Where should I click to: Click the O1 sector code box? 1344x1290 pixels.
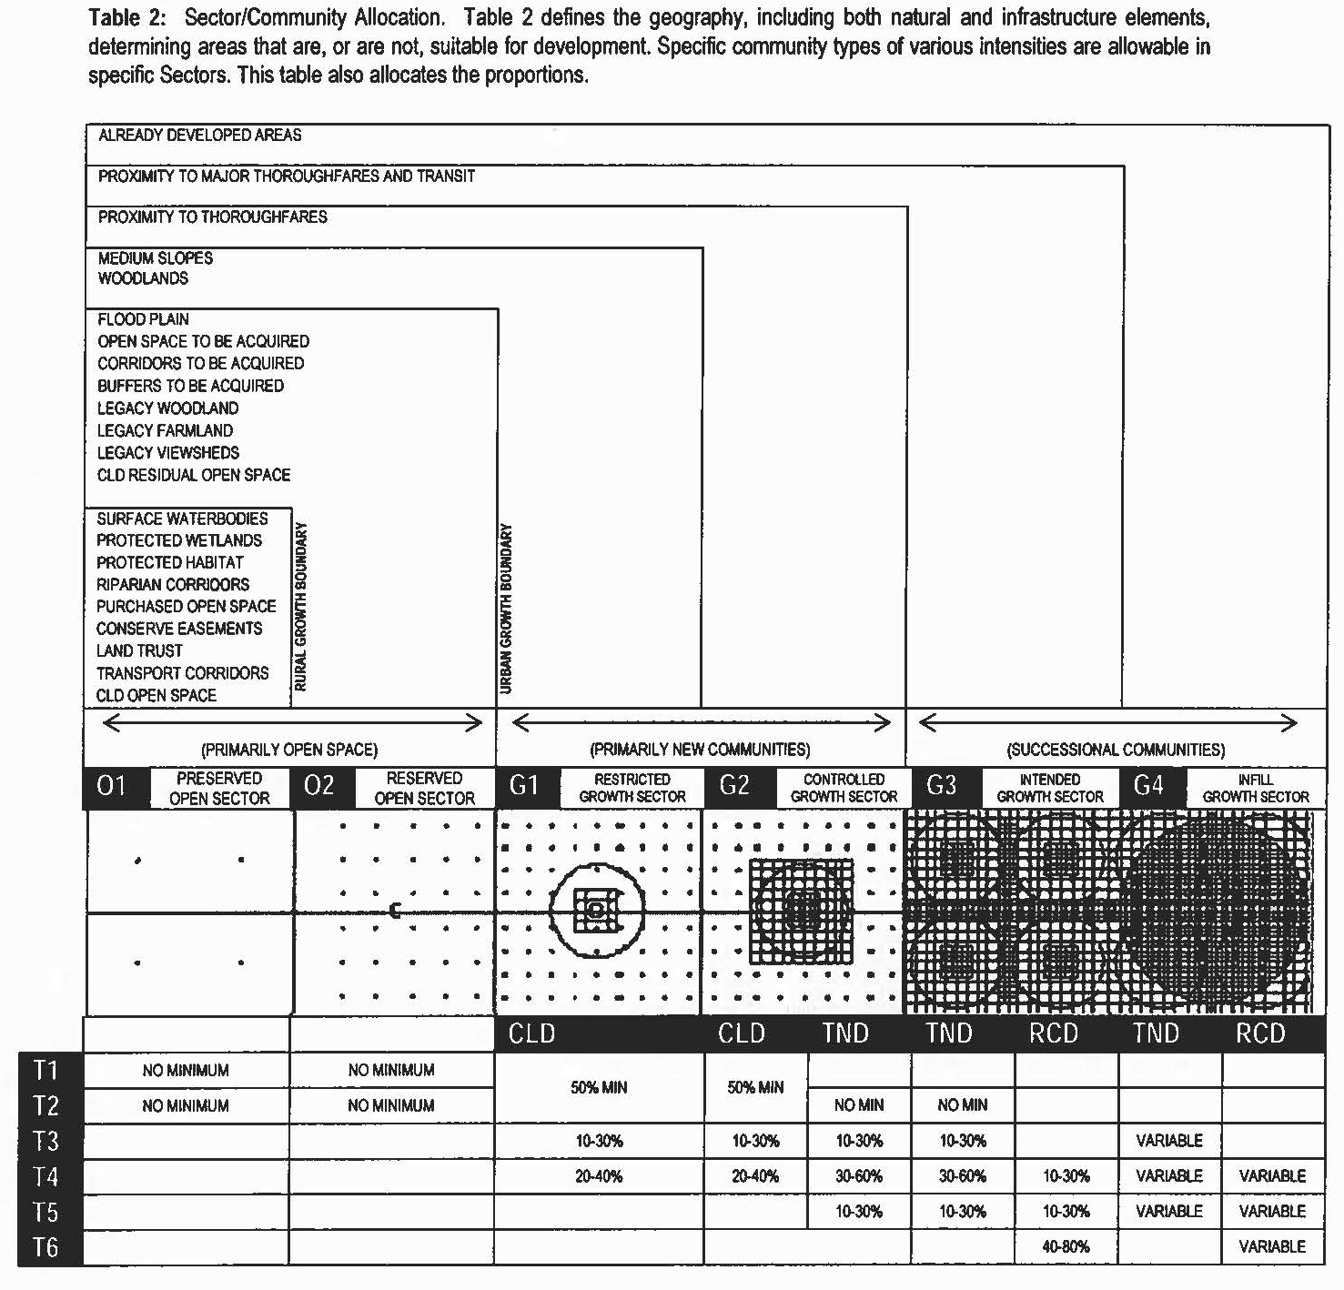112,787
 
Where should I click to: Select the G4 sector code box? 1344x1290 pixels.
1149,787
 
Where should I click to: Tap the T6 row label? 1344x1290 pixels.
45,1247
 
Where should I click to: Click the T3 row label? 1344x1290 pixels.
45,1141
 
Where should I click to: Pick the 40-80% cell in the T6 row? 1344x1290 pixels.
1066,1247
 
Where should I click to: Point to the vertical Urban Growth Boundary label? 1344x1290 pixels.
507,609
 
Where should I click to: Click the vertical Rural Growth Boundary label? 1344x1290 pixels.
301,607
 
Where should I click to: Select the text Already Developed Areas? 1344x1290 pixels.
199,136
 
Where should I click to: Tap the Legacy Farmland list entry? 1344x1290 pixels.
165,430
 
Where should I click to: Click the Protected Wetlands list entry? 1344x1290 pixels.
179,540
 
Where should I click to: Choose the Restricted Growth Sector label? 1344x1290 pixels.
632,788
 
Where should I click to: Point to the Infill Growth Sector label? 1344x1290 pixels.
1256,788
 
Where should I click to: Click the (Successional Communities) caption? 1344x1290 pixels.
1116,751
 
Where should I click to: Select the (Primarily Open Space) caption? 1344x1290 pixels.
289,751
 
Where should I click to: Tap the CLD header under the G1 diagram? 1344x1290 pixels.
532,1034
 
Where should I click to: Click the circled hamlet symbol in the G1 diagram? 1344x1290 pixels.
597,909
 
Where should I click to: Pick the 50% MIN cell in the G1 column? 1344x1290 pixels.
599,1088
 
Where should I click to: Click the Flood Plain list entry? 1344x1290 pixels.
143,319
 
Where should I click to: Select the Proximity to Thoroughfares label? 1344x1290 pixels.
212,217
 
